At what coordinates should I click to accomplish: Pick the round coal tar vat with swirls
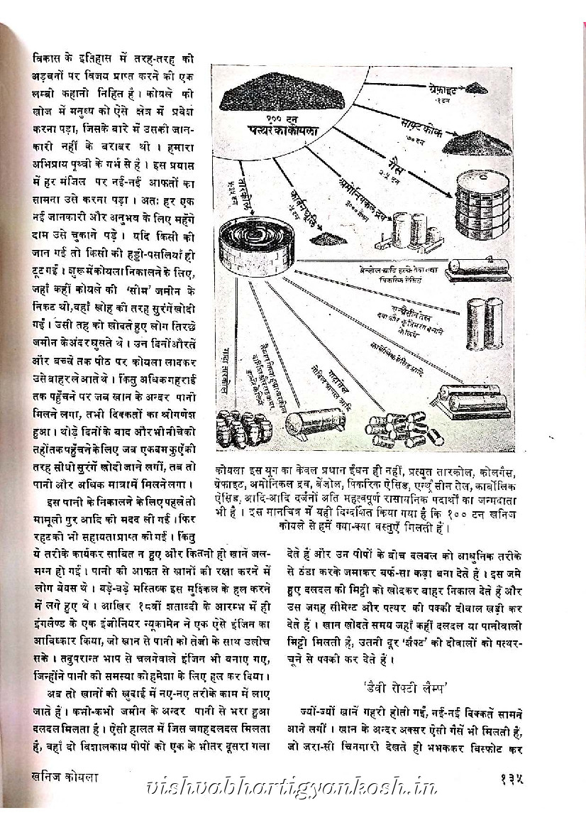pos(253,241)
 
